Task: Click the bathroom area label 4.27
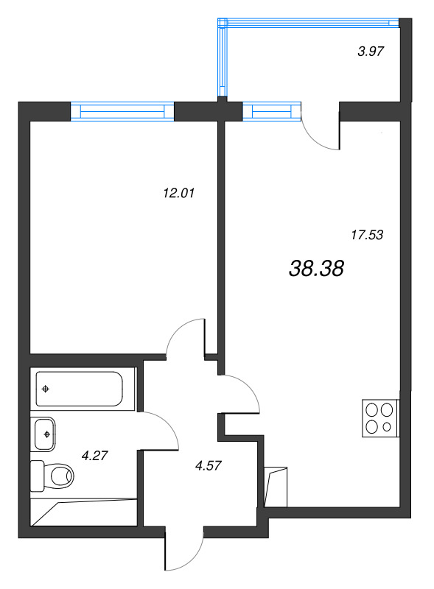[95, 456]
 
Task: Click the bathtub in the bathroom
[80, 389]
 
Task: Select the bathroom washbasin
[46, 434]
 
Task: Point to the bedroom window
[122, 111]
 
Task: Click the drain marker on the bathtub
[46, 389]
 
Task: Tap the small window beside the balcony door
[272, 111]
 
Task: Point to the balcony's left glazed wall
[222, 59]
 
